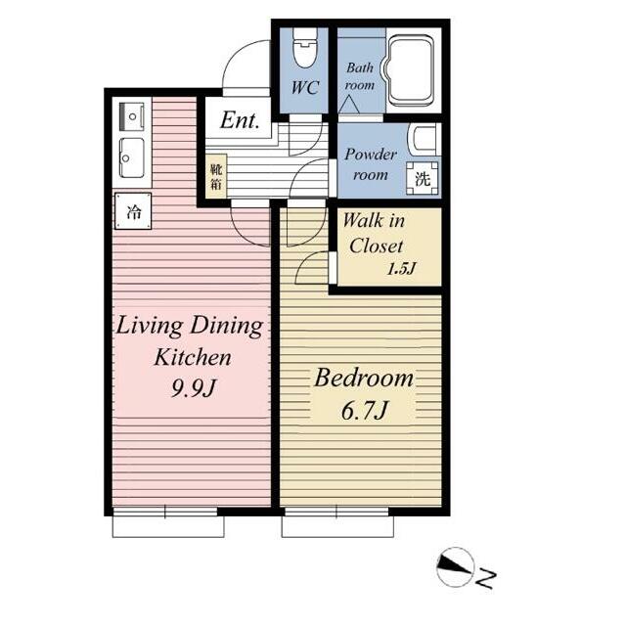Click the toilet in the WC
(x=305, y=48)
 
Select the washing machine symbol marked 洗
(x=423, y=178)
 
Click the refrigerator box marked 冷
(x=133, y=211)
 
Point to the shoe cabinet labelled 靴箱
(x=216, y=176)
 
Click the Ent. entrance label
(x=240, y=119)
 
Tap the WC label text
(x=305, y=87)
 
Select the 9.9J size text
(x=194, y=387)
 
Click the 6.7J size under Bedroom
(x=364, y=411)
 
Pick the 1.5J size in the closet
(x=402, y=268)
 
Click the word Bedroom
(x=364, y=378)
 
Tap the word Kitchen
(x=193, y=357)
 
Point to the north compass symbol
(x=455, y=567)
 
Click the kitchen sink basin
(x=132, y=158)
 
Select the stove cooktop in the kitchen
(x=132, y=116)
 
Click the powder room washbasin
(x=424, y=139)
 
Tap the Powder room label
(x=371, y=164)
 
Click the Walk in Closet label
(x=374, y=233)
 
